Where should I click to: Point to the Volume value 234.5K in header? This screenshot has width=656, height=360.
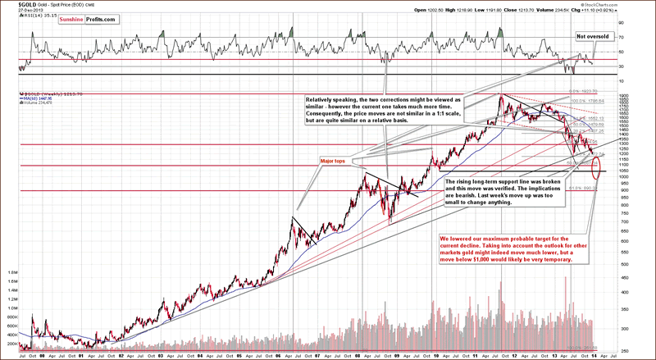(583, 11)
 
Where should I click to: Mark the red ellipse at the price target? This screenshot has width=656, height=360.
(595, 162)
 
